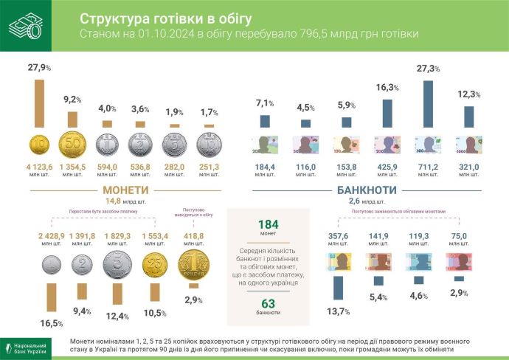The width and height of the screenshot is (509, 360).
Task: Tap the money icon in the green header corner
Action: (x=25, y=27)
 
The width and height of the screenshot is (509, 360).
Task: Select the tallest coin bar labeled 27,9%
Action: (x=40, y=103)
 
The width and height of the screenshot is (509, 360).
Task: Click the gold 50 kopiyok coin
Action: (x=73, y=145)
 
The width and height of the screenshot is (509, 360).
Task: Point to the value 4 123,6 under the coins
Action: (x=40, y=167)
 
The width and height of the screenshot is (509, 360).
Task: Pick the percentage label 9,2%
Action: (x=73, y=99)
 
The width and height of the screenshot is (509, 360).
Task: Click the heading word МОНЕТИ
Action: (x=112, y=190)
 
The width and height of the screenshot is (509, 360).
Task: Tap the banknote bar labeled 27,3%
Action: (x=426, y=104)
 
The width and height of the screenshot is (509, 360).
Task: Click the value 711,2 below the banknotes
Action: (x=426, y=167)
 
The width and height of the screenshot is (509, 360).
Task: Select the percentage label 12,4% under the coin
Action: (x=117, y=316)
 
